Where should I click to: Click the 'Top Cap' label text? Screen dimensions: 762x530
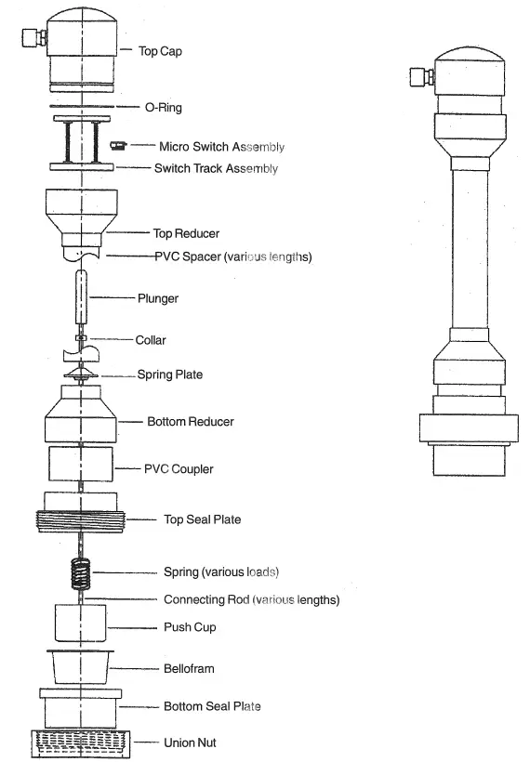(x=160, y=51)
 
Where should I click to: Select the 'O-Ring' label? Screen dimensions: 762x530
(x=163, y=108)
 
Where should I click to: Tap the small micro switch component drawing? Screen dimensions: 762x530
(x=117, y=145)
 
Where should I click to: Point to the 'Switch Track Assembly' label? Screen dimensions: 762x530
(x=216, y=169)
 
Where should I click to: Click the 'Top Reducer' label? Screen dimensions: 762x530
(x=186, y=233)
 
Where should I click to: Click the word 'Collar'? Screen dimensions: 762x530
(x=152, y=340)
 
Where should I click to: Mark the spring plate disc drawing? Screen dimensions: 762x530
(x=83, y=374)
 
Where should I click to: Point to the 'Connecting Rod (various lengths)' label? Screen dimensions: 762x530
(x=251, y=600)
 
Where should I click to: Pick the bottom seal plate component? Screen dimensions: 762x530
(x=82, y=708)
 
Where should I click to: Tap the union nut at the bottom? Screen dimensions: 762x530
(x=82, y=744)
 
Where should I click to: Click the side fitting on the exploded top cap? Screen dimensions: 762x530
(x=35, y=37)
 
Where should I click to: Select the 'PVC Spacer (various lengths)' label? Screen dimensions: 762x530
(x=232, y=256)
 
